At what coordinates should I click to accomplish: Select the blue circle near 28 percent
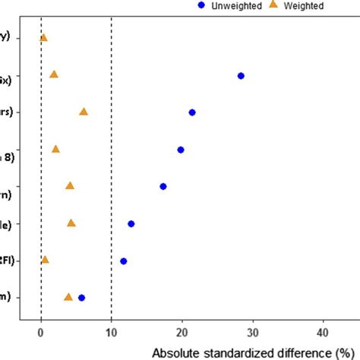[241, 76]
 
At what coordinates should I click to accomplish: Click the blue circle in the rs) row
[192, 112]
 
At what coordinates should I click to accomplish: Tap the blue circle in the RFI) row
[124, 261]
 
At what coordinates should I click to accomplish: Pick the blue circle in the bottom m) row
[82, 298]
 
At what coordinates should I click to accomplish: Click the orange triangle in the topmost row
[43, 38]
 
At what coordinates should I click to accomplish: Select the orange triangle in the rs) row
[84, 112]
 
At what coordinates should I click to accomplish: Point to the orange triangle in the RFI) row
[45, 260]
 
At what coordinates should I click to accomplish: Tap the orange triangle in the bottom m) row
[68, 297]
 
